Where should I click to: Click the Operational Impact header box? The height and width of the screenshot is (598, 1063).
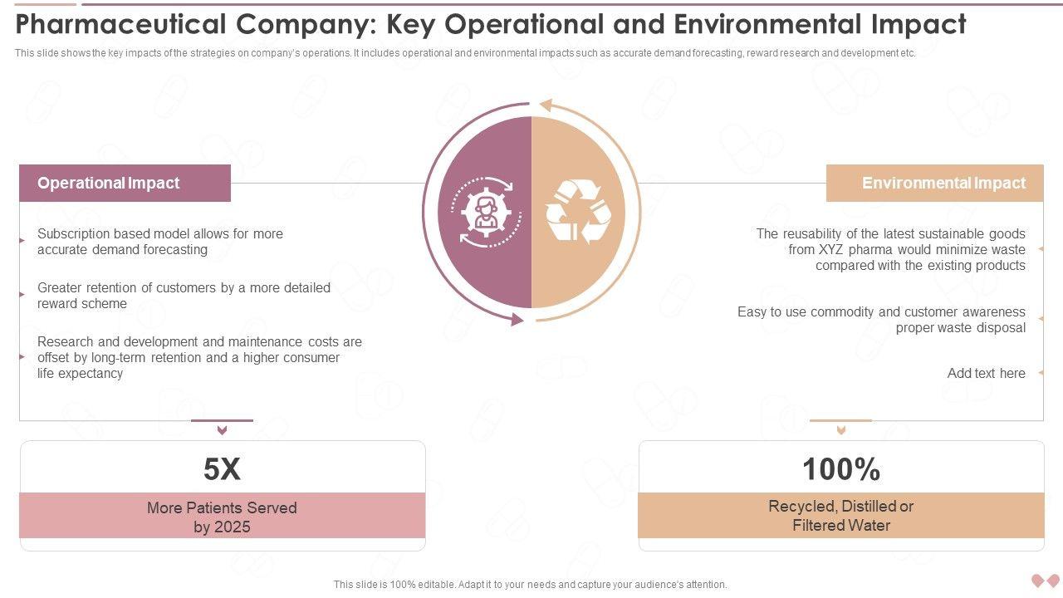(125, 183)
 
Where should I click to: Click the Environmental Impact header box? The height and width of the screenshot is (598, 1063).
(934, 183)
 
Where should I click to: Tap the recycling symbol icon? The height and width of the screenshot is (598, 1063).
(579, 213)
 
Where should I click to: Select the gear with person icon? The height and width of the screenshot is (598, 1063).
(484, 213)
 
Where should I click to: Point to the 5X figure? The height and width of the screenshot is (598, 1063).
(222, 470)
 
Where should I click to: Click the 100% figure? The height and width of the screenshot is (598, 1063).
(840, 470)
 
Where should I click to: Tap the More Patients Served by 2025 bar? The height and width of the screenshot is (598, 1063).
(222, 517)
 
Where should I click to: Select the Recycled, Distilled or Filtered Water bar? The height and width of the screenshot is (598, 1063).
(840, 516)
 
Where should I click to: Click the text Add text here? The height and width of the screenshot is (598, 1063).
(986, 374)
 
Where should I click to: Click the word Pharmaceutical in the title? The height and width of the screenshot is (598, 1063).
(120, 25)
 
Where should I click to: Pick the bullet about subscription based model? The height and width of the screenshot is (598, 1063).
(160, 242)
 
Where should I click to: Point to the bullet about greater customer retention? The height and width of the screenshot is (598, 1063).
(184, 296)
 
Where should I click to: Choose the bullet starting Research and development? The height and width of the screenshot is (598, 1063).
(199, 357)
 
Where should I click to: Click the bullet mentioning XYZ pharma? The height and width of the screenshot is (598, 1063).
(890, 249)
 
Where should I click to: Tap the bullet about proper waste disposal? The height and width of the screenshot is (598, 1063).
(881, 320)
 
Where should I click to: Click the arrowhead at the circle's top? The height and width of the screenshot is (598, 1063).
(545, 105)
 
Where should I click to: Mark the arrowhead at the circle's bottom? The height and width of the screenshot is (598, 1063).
(517, 319)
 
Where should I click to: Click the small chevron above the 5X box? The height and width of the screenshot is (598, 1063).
(222, 430)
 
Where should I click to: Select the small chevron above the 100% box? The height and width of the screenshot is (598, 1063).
(840, 430)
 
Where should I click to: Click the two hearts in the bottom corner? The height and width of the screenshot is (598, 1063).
(1045, 581)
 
